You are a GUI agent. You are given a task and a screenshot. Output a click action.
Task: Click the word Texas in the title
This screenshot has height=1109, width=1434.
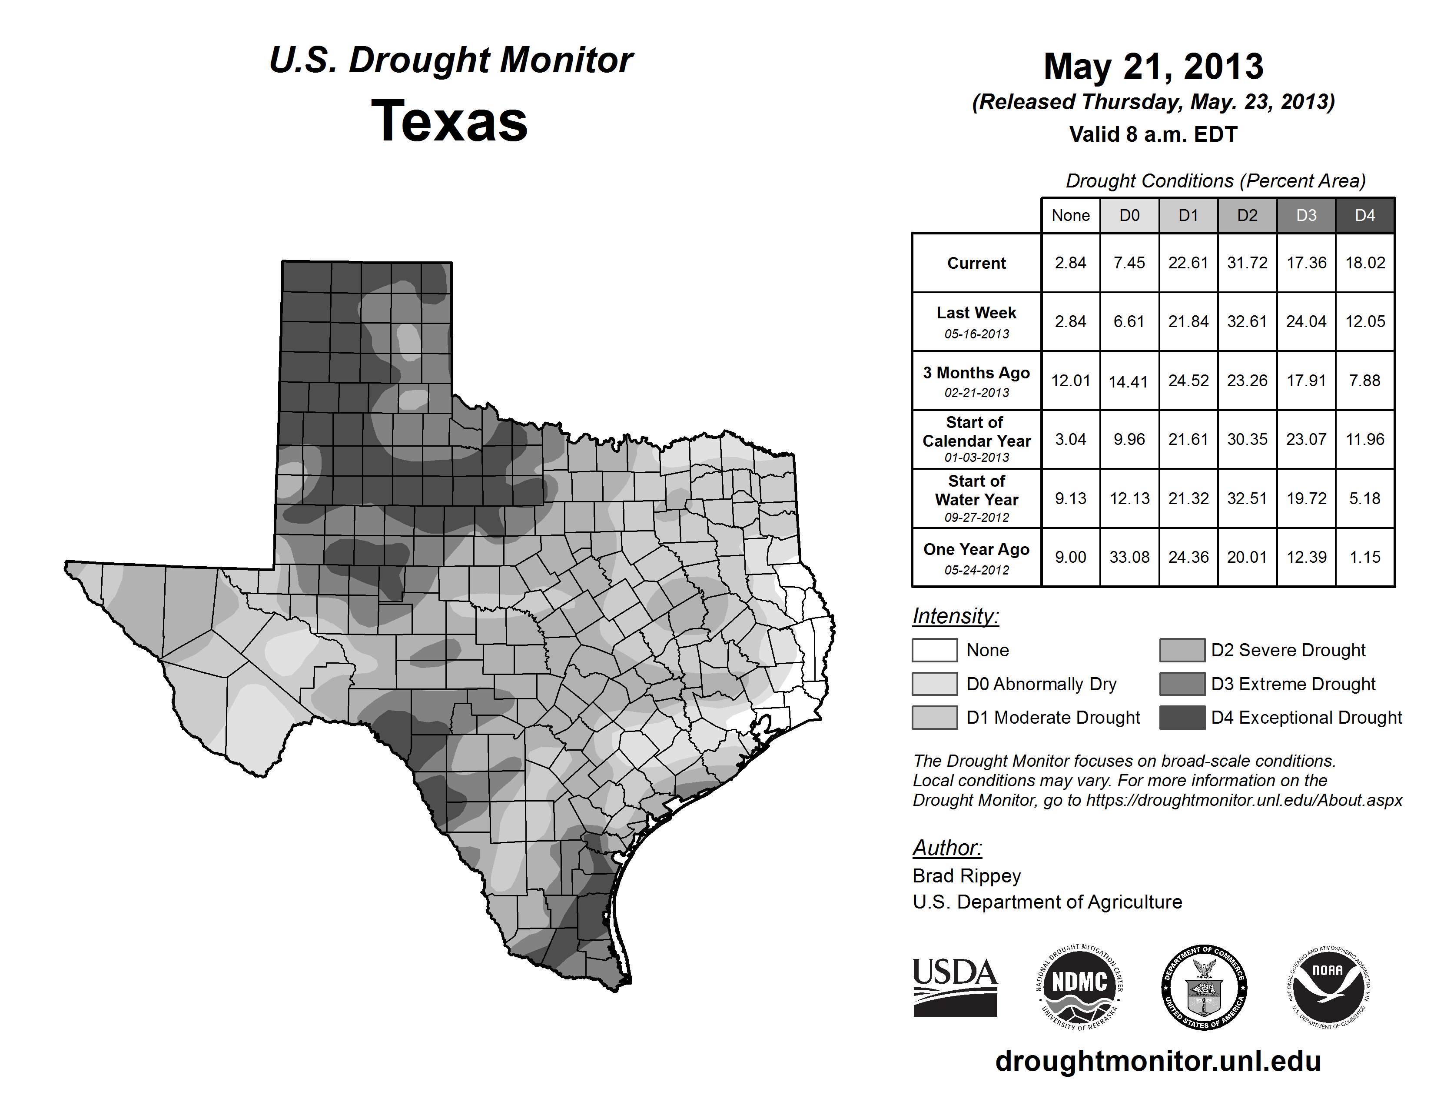pos(449,121)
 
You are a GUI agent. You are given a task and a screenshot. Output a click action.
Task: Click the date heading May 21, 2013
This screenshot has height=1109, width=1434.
pos(1153,67)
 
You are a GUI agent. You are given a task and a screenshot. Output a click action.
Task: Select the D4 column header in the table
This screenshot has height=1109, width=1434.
pos(1364,215)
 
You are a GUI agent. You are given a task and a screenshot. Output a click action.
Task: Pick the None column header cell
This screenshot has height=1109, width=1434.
pos(1070,215)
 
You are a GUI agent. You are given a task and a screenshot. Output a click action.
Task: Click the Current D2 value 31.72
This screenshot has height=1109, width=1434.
pos(1247,263)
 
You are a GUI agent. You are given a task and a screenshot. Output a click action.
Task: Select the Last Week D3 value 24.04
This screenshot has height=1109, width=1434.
pos(1306,322)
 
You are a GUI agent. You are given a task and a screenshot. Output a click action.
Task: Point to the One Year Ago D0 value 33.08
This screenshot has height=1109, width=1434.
pos(1129,557)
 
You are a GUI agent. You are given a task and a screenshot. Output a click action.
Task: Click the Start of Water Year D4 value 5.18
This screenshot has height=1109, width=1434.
pos(1364,499)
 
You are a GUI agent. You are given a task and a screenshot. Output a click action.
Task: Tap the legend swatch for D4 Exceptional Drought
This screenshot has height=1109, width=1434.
pos(1182,718)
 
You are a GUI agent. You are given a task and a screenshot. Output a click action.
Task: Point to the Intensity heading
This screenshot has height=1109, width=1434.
pos(955,616)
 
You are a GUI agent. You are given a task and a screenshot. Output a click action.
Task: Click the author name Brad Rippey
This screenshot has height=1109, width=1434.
pos(966,876)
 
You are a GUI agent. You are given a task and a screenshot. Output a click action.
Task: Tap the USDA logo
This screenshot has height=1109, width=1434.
pos(955,987)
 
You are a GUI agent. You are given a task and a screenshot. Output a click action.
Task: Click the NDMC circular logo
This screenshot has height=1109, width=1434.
pos(1079,987)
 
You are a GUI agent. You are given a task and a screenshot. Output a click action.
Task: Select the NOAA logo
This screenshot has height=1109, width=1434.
pos(1328,987)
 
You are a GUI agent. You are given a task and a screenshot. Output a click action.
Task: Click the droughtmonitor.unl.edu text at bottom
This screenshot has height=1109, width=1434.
pos(1158,1061)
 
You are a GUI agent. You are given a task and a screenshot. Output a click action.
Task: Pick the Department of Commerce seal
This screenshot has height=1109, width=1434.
pos(1204,987)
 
